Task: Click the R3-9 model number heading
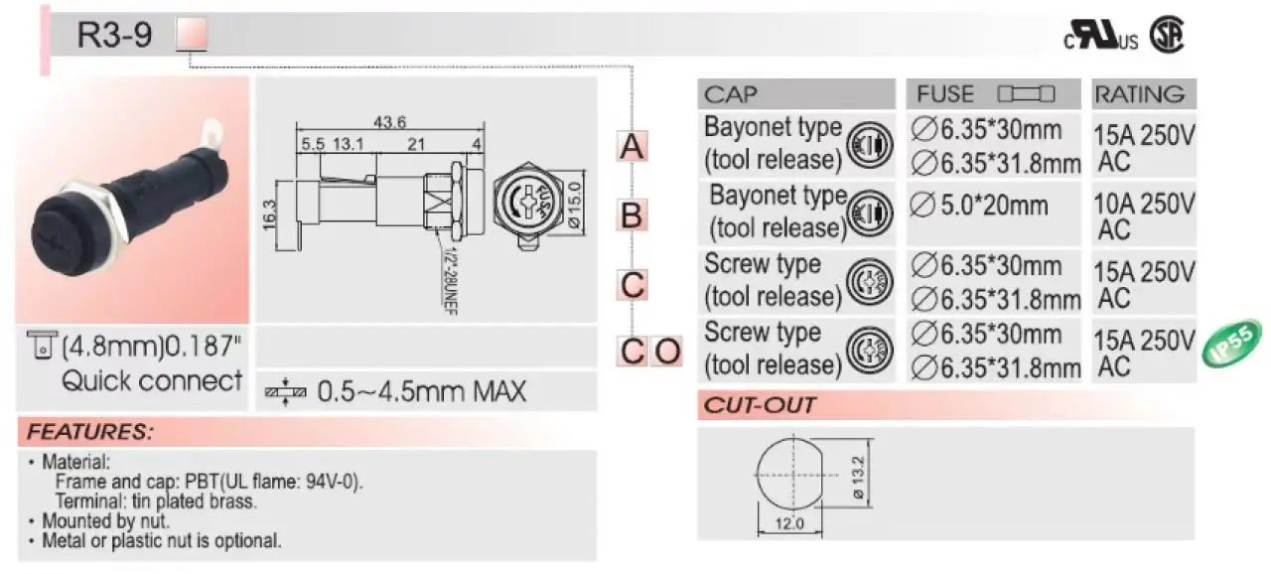click(x=115, y=36)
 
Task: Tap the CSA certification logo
click(x=1168, y=37)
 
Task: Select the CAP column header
click(x=731, y=94)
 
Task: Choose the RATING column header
click(x=1139, y=94)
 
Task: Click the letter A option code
click(x=633, y=147)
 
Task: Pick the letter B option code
click(x=632, y=215)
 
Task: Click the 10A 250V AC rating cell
click(x=1142, y=215)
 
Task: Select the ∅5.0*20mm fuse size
click(x=979, y=206)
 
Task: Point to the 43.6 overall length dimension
click(x=388, y=122)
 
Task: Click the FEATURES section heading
click(x=90, y=433)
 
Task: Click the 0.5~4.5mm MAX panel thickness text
click(x=421, y=391)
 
